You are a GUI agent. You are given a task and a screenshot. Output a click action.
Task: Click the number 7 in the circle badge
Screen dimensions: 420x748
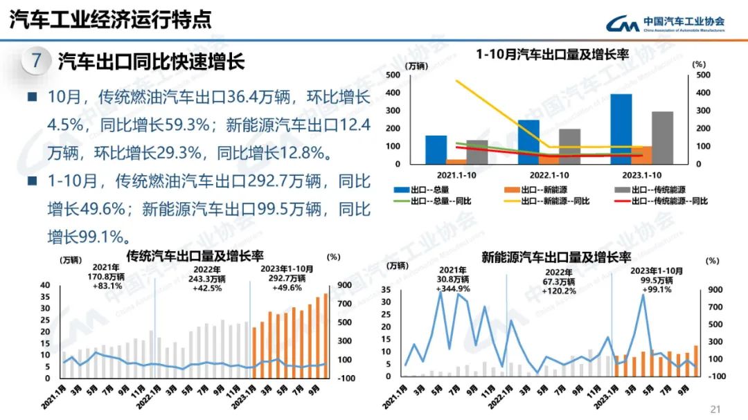click(36, 61)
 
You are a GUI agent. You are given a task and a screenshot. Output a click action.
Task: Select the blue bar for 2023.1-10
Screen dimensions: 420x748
click(621, 129)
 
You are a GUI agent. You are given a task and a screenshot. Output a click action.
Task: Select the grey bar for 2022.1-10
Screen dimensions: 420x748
click(570, 146)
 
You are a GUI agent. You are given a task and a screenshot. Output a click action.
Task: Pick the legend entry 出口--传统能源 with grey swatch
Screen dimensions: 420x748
click(654, 188)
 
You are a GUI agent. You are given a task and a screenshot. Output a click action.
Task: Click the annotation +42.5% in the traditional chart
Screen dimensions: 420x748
click(208, 288)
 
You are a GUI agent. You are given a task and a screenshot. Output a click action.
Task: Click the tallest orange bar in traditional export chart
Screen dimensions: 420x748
click(326, 336)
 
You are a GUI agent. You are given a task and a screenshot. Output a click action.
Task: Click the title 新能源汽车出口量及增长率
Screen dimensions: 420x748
click(556, 257)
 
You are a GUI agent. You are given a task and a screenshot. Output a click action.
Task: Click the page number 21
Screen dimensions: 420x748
click(716, 409)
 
